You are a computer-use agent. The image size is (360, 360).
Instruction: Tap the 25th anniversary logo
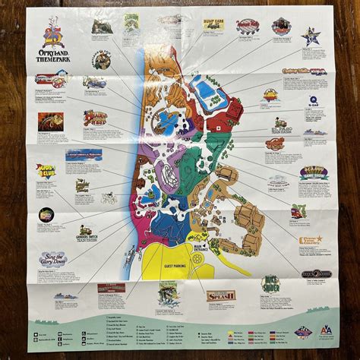point(52,33)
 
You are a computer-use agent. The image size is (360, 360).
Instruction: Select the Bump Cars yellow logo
point(213,24)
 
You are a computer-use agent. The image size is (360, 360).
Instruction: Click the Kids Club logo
point(46,171)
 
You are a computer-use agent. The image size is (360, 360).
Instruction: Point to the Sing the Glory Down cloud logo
point(54,259)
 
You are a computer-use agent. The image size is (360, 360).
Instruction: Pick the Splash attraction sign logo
point(221,295)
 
